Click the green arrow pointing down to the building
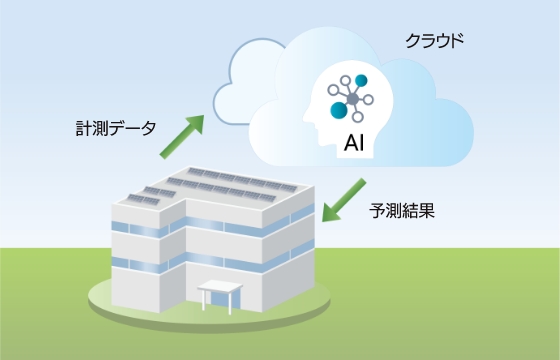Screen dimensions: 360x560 346,196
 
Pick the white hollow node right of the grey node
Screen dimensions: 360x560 372,97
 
